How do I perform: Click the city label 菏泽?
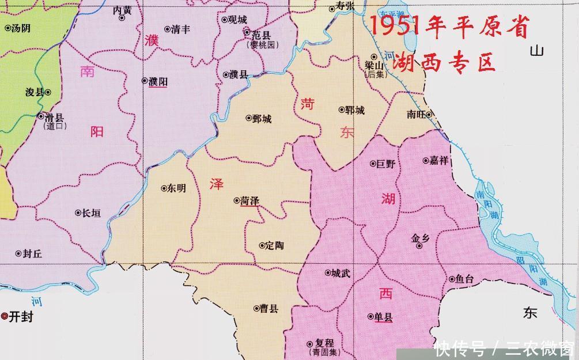click(x=250, y=200)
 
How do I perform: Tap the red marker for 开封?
click(x=5, y=316)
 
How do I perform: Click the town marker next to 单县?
click(x=370, y=316)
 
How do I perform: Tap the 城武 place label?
click(x=340, y=273)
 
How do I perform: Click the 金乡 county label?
click(x=420, y=237)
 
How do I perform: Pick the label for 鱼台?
click(x=464, y=279)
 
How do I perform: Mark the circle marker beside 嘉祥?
click(x=426, y=161)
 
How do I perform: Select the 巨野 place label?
click(x=386, y=164)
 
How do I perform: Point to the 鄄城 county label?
click(x=262, y=119)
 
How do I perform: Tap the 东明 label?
click(x=176, y=188)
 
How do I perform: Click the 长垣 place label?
click(x=91, y=213)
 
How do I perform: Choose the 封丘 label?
click(x=32, y=253)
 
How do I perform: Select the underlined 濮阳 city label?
click(x=158, y=82)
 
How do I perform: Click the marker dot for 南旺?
click(x=429, y=114)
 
